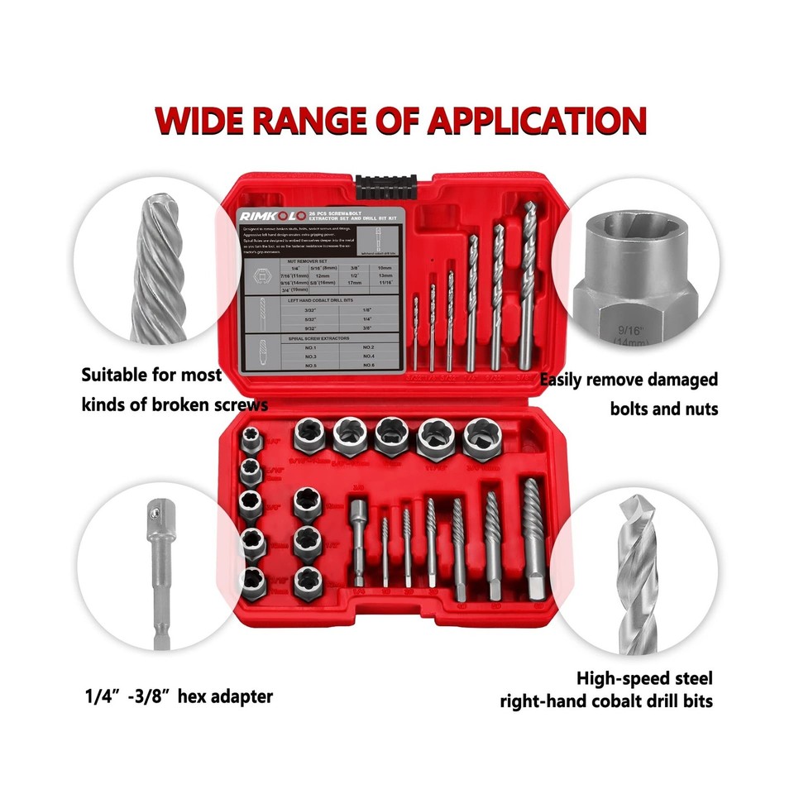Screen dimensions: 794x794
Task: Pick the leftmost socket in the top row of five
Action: point(312,436)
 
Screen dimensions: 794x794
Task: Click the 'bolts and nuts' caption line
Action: point(663,409)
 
